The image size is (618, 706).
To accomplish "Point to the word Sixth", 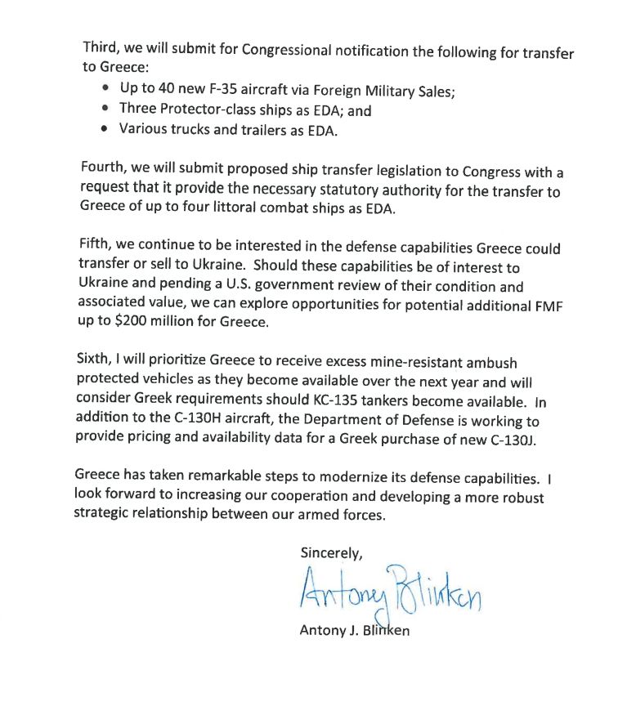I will click(x=96, y=362).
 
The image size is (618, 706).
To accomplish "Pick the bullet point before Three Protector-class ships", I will click(x=105, y=109).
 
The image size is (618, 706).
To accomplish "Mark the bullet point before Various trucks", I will click(x=105, y=129).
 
